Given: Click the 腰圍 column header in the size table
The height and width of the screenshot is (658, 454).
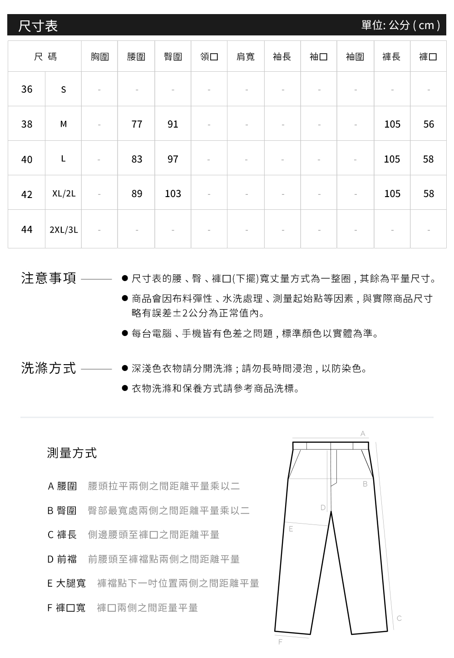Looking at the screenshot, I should point(136,57).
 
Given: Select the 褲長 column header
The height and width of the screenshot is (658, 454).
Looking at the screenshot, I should point(391,57).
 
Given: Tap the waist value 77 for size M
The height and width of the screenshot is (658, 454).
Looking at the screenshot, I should point(137,124).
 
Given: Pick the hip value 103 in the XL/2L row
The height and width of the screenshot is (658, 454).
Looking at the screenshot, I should point(173,194).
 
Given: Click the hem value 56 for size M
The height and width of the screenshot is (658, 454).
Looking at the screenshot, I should point(429,124).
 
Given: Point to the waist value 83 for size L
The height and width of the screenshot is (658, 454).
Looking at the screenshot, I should point(137,159).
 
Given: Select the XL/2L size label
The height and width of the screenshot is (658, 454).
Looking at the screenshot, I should point(64,194).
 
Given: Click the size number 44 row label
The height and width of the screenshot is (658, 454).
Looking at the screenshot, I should point(27,229).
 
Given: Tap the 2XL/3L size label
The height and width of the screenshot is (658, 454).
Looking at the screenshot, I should point(64,230).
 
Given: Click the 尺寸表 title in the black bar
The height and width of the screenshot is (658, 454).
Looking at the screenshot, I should point(38,26).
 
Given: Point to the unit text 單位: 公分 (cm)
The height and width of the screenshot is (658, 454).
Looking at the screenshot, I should point(400,25).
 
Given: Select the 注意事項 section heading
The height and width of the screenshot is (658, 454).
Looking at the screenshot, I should point(49,278).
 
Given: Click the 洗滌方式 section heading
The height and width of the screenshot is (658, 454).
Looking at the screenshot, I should point(49,368).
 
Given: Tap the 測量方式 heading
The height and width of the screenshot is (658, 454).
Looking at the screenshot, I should point(72,453).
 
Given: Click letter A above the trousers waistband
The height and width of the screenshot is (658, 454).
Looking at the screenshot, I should point(362,434).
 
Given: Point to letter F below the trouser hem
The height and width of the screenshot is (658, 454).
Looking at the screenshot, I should point(280,642).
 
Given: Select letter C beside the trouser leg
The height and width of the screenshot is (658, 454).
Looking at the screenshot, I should point(399,618).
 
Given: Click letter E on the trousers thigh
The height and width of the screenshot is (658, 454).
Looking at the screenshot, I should point(291,529).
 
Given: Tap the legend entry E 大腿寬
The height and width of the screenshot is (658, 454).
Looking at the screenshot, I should point(66,583).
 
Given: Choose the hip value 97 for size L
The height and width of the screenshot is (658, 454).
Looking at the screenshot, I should point(173,159).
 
